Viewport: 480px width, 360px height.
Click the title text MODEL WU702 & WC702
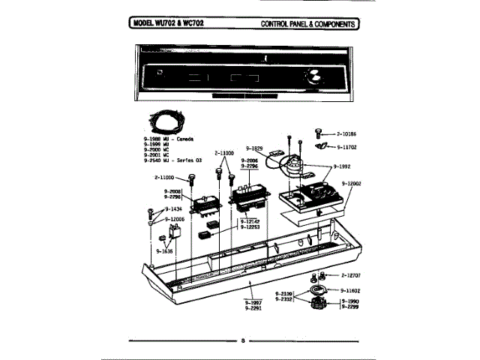[167, 23]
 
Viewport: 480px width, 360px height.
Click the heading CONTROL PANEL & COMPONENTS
[309, 23]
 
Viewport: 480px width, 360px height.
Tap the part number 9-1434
[172, 208]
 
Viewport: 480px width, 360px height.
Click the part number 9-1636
[164, 250]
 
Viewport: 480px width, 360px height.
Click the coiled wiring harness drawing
[166, 122]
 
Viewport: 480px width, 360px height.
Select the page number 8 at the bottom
[242, 341]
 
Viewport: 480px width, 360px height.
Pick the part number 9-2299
[350, 307]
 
